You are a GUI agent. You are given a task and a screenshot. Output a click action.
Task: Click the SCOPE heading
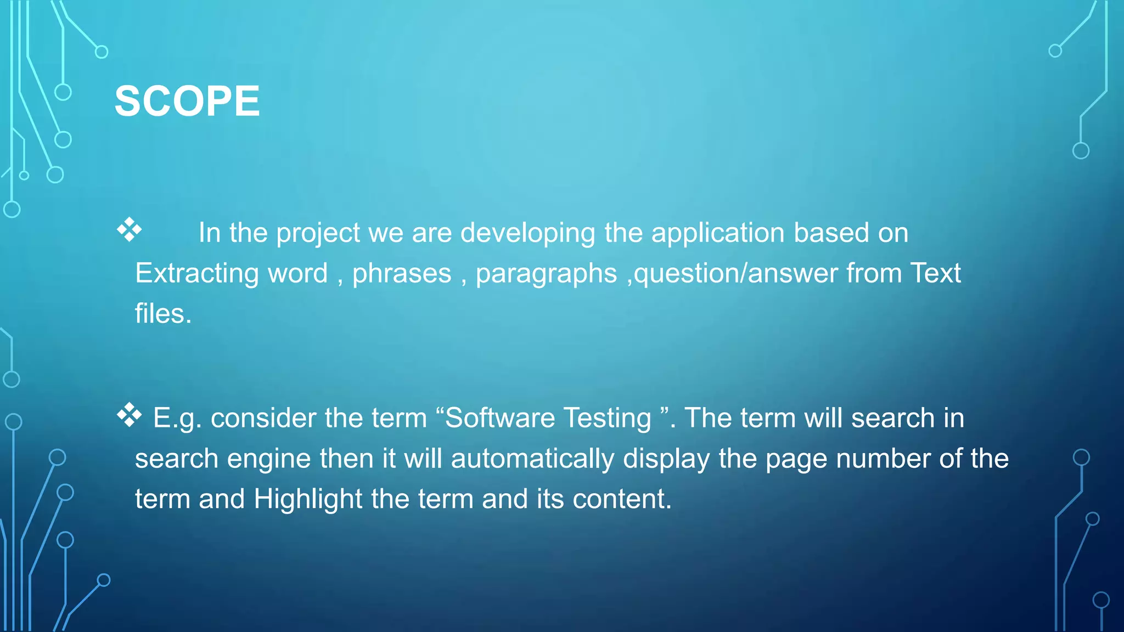[187, 101]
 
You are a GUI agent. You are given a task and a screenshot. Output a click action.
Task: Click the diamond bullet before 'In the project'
[129, 230]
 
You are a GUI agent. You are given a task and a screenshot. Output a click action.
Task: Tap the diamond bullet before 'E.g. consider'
[129, 415]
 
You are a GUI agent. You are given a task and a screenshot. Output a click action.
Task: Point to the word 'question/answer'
[736, 273]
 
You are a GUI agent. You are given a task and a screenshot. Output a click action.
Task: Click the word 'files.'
[163, 314]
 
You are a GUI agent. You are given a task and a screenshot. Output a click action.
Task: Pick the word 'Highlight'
[307, 500]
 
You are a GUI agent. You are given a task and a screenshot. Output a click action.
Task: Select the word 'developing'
[527, 233]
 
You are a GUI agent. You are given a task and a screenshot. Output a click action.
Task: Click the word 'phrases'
[401, 274]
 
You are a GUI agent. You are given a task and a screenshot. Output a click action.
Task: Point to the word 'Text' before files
[935, 273]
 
